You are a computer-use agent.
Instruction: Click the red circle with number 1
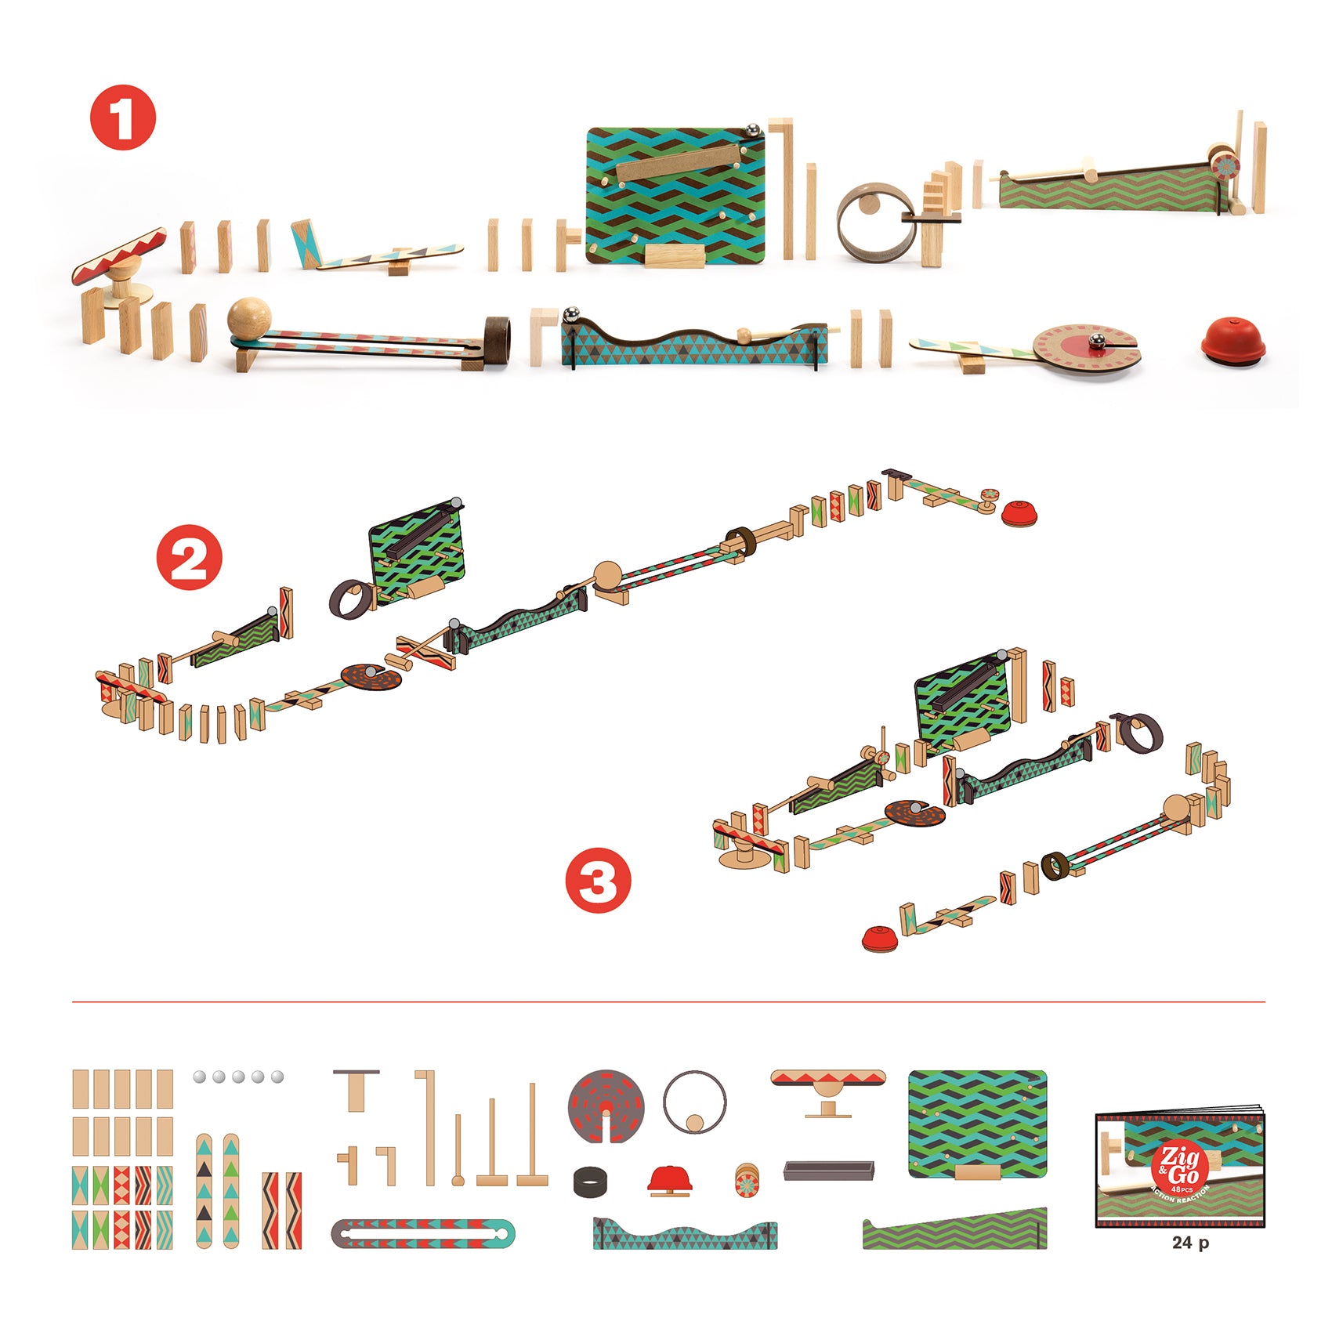[123, 118]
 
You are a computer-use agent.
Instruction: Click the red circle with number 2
[189, 557]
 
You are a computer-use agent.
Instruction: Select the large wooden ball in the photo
[250, 320]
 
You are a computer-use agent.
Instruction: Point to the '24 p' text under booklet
[1189, 1243]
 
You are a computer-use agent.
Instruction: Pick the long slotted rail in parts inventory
[423, 1234]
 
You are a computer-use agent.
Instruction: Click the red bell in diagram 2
[1021, 513]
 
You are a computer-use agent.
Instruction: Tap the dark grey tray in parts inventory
[828, 1171]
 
